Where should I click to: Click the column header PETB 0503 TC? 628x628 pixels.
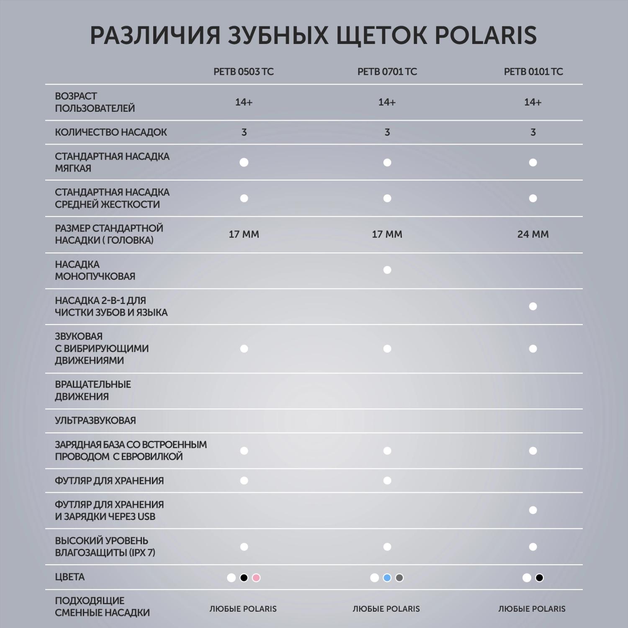243,72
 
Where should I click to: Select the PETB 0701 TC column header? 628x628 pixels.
387,72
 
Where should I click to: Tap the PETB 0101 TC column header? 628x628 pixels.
533,72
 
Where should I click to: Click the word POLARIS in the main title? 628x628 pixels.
486,35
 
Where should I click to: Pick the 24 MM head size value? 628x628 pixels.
533,234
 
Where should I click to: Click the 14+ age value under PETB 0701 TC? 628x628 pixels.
387,102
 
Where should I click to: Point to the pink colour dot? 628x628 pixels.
256,578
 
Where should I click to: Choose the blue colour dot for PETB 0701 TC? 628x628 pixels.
387,578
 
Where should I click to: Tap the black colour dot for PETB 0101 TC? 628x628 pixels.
539,578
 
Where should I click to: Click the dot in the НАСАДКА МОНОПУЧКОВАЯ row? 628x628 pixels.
387,270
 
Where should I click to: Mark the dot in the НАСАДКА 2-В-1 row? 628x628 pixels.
533,306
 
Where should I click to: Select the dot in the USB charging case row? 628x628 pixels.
533,510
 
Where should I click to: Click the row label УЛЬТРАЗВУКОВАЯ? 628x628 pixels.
95,420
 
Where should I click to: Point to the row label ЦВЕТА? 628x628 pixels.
69,577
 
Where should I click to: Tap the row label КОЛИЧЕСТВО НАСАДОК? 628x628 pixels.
111,132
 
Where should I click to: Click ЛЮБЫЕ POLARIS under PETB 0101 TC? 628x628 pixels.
532,609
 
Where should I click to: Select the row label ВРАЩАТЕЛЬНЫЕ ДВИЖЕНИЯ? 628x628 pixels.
93,390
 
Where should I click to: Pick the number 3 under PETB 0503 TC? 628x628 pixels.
244,132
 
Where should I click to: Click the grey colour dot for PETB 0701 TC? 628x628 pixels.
399,578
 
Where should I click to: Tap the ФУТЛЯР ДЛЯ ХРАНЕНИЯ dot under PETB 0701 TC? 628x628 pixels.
387,481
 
